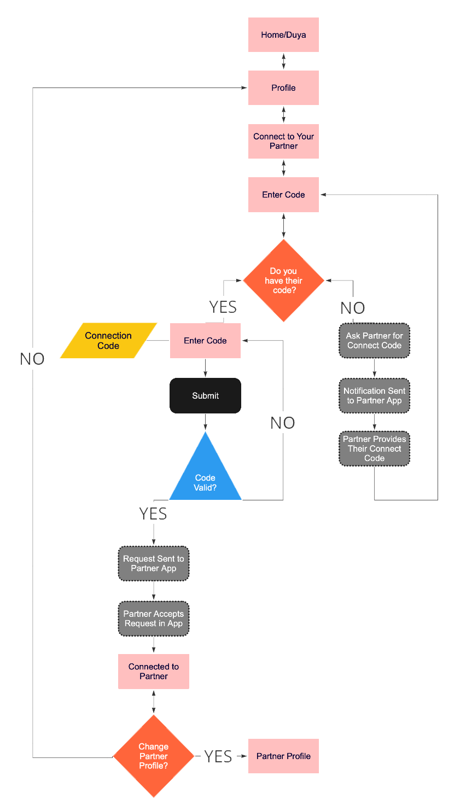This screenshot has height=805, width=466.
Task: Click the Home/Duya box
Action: tap(283, 34)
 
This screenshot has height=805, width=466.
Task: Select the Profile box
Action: tap(283, 87)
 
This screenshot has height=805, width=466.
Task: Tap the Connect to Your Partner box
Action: tap(283, 141)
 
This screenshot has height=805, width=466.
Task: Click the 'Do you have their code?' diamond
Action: tap(283, 281)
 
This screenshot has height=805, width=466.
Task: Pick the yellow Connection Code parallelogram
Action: tap(108, 340)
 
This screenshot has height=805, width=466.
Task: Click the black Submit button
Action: tap(205, 395)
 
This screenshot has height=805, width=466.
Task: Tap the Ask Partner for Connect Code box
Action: tap(374, 340)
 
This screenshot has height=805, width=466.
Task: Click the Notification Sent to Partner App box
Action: tap(374, 395)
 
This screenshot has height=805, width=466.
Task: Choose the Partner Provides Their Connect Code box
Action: tap(374, 448)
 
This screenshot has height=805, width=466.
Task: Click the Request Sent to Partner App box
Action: tap(153, 563)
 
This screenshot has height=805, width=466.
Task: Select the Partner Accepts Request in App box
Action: tap(153, 619)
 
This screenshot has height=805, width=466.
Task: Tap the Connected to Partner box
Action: tap(153, 672)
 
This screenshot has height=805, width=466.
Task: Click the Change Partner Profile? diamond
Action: tap(153, 756)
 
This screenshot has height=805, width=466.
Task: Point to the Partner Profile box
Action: tap(283, 756)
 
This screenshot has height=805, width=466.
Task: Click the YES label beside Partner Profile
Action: tap(218, 756)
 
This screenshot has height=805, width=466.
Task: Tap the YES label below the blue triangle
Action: tap(153, 514)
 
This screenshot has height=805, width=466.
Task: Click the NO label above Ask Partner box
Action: tap(352, 308)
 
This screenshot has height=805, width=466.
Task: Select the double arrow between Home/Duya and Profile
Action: tap(283, 61)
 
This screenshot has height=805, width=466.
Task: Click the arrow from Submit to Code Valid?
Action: tap(205, 422)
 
